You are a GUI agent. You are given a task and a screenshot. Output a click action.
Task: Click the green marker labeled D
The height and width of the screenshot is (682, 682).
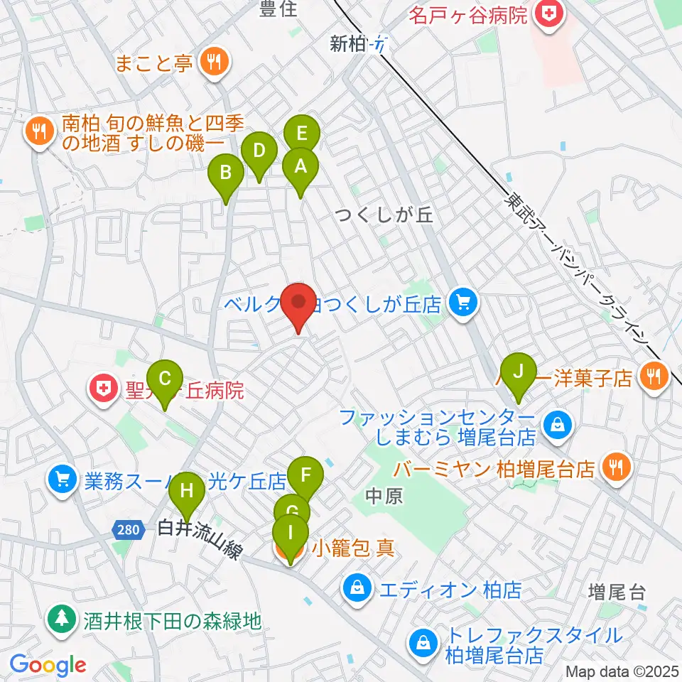click(259, 151)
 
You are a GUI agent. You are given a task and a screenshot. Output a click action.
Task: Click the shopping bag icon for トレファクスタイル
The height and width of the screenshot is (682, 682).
click(423, 644)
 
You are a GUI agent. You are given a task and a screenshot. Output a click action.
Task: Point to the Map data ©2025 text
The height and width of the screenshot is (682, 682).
click(622, 671)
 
